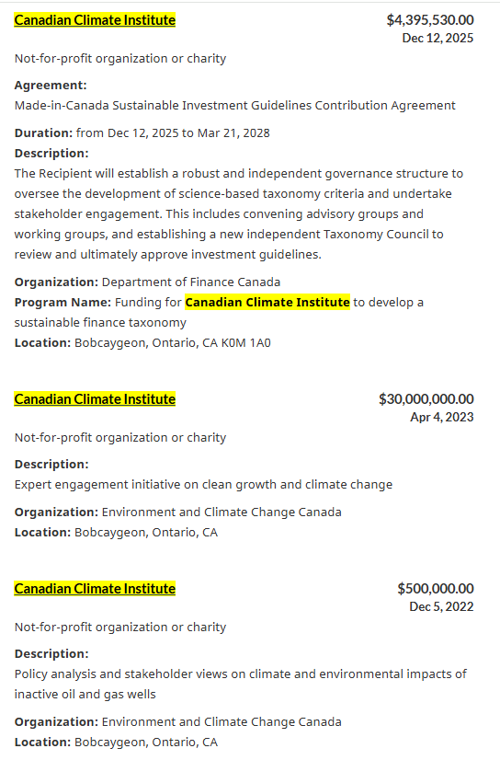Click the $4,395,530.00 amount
(430, 19)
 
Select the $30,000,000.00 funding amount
(426, 398)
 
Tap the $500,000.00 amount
(436, 588)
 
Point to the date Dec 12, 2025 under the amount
(438, 38)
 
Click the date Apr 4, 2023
(442, 417)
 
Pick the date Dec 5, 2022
(442, 606)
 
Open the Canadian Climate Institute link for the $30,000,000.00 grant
(95, 398)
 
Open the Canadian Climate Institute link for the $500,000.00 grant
(95, 588)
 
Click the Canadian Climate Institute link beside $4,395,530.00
(95, 19)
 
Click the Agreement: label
(51, 85)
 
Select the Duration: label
(43, 132)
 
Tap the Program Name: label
(62, 302)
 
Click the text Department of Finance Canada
(191, 282)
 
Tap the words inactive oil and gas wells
(85, 694)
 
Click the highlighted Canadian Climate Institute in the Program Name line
(267, 302)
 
